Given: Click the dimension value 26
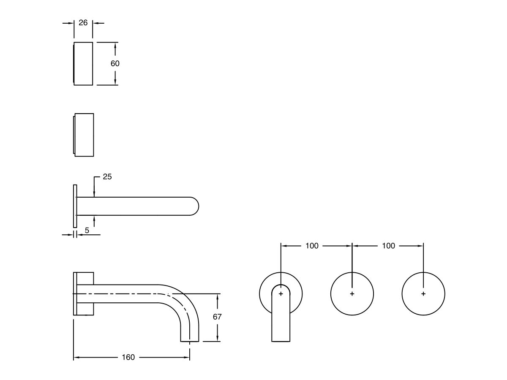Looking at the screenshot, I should [x=83, y=23].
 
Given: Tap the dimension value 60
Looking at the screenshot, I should [x=115, y=63].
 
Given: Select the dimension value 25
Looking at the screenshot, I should [x=107, y=177].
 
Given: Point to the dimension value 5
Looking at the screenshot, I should [x=87, y=231].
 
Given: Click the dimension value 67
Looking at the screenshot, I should [x=217, y=317].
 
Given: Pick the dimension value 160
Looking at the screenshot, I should [x=128, y=357].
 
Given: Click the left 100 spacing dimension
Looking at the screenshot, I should [x=312, y=246].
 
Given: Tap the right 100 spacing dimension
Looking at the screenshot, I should [x=388, y=246].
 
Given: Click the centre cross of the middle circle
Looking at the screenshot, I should [x=352, y=293].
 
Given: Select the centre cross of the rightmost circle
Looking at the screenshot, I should [x=423, y=293].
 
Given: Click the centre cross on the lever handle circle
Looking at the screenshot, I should [x=281, y=293].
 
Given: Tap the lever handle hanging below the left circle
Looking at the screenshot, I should [x=281, y=321].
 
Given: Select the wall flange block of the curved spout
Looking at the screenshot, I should [x=84, y=293].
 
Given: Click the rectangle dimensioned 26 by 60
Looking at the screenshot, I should [x=84, y=63].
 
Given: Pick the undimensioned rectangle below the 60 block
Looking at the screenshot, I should [x=84, y=135].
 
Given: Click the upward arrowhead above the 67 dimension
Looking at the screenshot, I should [x=217, y=296].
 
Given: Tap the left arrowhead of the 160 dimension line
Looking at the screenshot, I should [x=76, y=358].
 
